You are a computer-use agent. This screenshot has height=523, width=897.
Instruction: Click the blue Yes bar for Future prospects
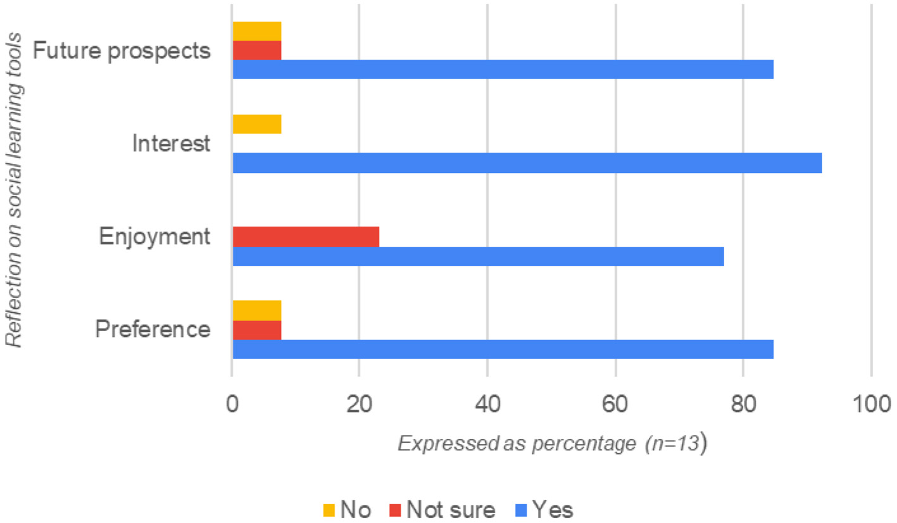click(x=503, y=70)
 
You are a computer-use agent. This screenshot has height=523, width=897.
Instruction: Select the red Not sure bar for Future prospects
click(x=257, y=50)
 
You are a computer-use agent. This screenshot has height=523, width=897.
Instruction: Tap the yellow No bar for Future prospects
click(x=257, y=31)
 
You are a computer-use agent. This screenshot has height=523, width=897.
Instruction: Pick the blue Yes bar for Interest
click(x=527, y=163)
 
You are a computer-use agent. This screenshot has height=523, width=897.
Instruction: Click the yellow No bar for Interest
click(x=257, y=124)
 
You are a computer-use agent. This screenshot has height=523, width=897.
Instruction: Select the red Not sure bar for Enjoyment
click(x=306, y=236)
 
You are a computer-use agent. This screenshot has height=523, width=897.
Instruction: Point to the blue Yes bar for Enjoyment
click(x=478, y=256)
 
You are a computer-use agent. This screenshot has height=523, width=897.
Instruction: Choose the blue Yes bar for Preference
click(x=503, y=349)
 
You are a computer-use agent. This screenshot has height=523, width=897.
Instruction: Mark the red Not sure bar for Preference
click(x=257, y=330)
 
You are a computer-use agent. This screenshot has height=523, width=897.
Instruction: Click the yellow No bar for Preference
click(x=257, y=310)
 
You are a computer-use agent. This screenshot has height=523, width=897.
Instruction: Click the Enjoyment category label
click(x=154, y=237)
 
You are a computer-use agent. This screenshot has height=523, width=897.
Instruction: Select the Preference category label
click(x=153, y=330)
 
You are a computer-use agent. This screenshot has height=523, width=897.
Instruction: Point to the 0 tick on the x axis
click(x=232, y=402)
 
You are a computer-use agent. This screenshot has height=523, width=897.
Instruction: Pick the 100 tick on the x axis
click(x=871, y=402)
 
